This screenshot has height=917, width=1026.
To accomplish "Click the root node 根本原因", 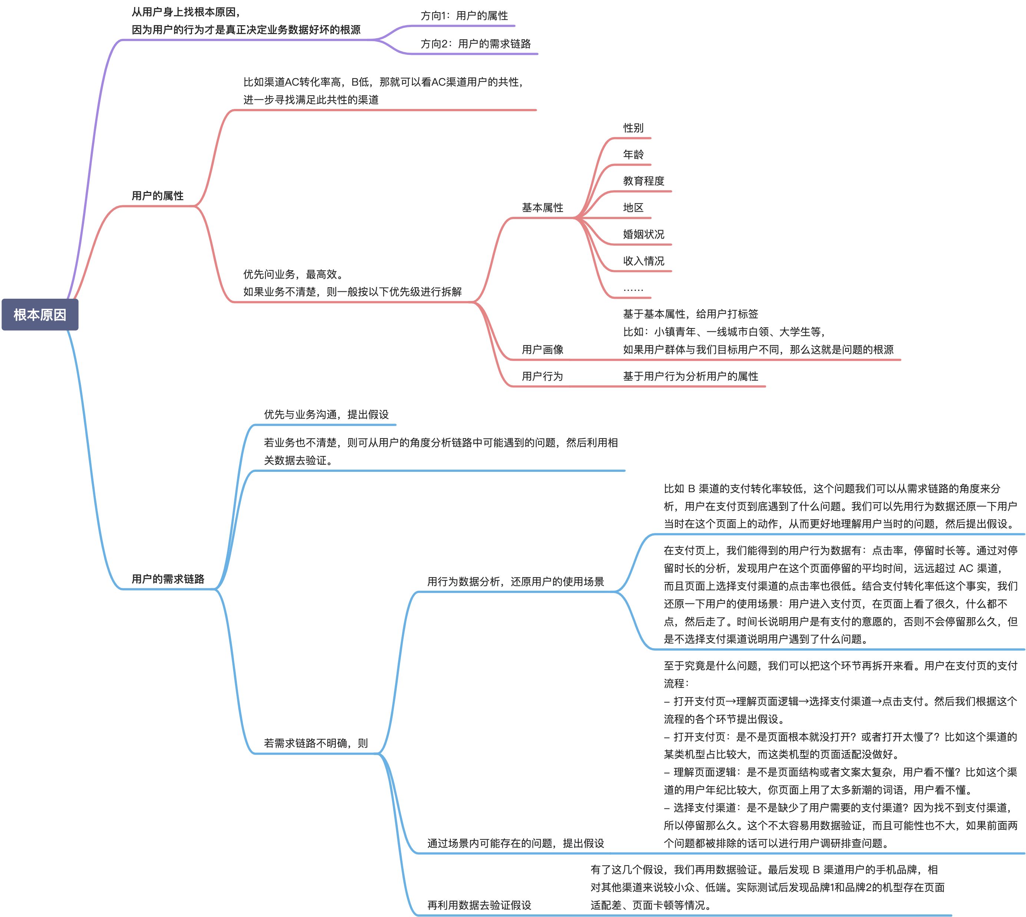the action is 40,315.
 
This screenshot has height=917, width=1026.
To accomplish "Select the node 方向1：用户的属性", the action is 464,16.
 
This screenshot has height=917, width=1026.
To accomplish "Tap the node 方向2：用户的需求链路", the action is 476,44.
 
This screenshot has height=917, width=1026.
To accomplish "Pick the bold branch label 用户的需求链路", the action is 168,579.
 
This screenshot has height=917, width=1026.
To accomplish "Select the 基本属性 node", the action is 542,208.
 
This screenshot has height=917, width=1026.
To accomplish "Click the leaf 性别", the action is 633,128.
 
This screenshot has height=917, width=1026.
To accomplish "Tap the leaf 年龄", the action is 633,155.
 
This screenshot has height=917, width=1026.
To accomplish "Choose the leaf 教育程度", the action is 643,181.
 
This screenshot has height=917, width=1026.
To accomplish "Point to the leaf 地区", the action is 633,208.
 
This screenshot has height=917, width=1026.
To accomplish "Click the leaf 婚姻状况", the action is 643,234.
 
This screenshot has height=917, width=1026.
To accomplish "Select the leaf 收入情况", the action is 643,261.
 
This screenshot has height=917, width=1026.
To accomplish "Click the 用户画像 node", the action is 542,350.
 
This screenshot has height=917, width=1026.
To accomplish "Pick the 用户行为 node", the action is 542,376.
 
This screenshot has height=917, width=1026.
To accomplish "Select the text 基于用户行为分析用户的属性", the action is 691,376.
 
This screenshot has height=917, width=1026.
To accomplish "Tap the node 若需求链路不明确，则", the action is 315,743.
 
